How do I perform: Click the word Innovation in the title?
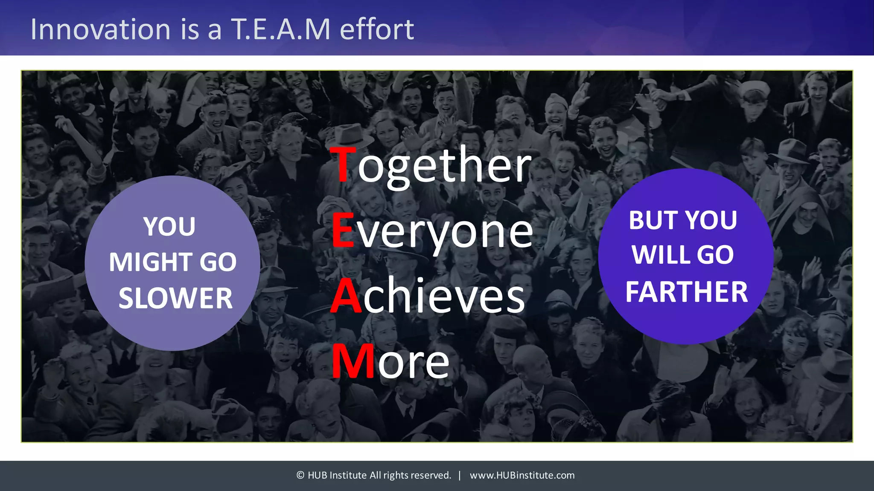pos(101,29)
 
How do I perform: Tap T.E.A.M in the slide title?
pos(281,29)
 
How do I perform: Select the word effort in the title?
pos(377,29)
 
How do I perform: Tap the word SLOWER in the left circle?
pos(175,298)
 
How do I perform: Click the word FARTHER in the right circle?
pos(687,292)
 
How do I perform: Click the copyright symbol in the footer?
pos(300,475)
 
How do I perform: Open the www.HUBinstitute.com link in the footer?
pos(522,475)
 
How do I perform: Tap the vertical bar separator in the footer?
pos(460,475)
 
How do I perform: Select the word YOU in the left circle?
pos(169,226)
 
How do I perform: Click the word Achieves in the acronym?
pos(428,296)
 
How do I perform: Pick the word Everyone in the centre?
pos(432,231)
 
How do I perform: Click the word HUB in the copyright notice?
pos(317,475)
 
